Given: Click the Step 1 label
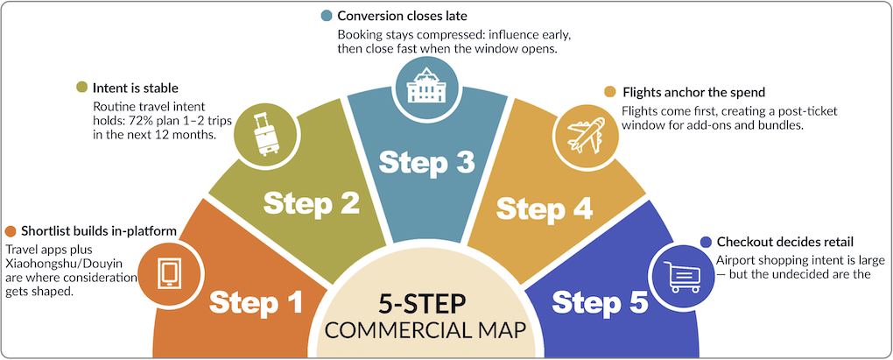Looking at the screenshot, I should point(256,302).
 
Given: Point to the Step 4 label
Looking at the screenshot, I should point(545,208).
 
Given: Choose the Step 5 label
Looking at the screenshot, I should point(600,303).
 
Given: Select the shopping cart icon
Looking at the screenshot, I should point(682,277).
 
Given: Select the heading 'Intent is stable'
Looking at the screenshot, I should point(137,88).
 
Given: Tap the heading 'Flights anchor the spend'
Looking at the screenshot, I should point(694,92).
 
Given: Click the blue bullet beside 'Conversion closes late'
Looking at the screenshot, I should point(327,15).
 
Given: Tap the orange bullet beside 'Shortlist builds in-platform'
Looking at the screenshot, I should point(11,231).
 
